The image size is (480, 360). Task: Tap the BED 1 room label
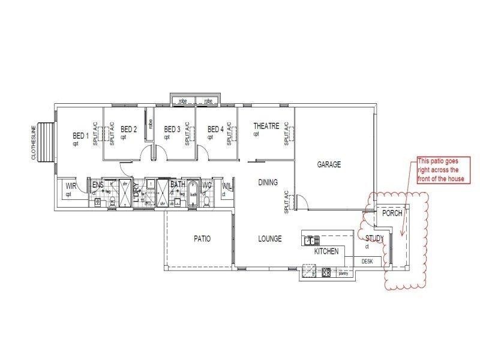point(80,136)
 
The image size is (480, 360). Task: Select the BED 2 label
point(129,129)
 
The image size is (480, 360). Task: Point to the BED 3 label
point(172,129)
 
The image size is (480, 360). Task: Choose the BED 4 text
point(215,129)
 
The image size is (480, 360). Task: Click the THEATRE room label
point(266,126)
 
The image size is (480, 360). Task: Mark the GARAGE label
point(329,164)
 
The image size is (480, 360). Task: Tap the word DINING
point(268,182)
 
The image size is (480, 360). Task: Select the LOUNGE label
point(270,239)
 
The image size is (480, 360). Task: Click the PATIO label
point(202,239)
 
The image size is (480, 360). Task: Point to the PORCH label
point(392,213)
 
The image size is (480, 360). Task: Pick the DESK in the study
point(367,262)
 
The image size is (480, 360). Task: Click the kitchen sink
point(310,241)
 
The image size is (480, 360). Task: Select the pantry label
point(343,274)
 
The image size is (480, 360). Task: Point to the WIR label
point(71,186)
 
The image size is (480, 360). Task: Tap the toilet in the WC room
point(206,200)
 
